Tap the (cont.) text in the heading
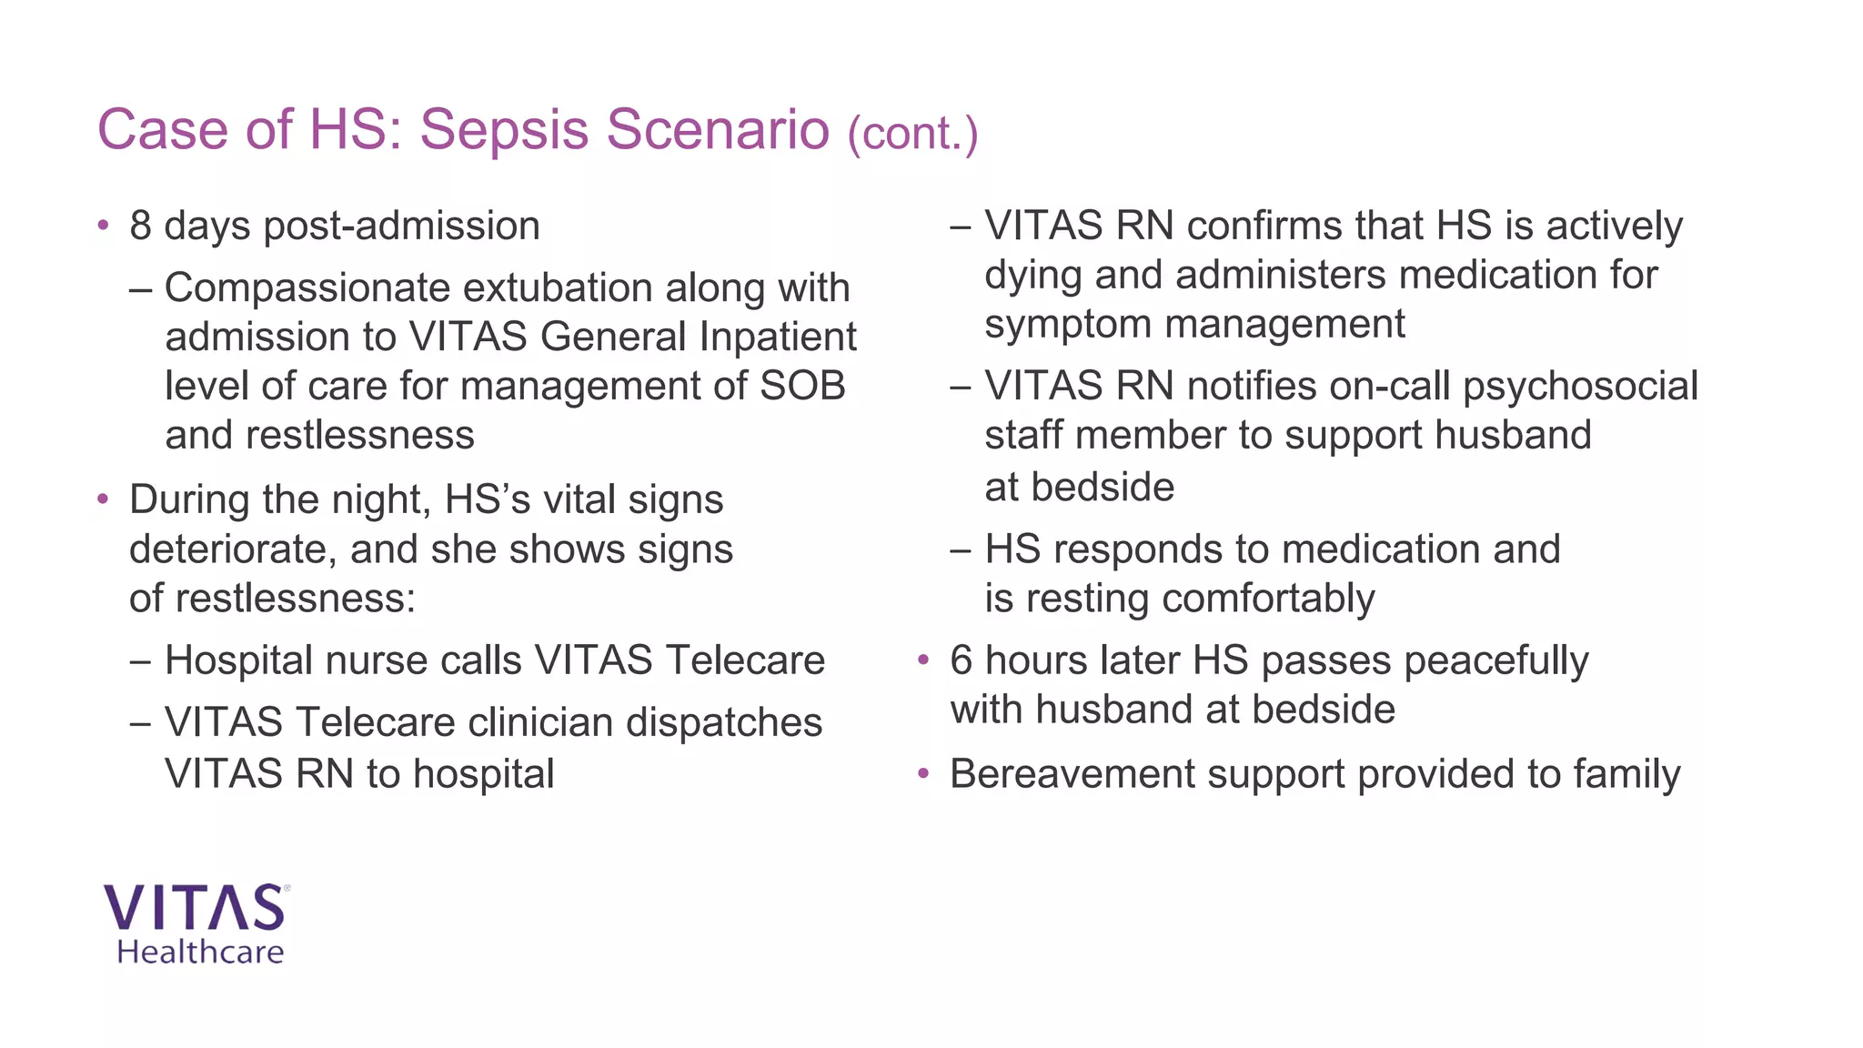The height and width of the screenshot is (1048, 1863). tap(912, 134)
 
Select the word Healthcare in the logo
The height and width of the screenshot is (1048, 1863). tap(200, 952)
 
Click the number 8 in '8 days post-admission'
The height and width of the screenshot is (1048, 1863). tap(140, 226)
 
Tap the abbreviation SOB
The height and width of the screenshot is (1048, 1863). tap(802, 386)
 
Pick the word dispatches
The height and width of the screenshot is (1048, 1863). tap(723, 722)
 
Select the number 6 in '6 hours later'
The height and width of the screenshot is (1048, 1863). tap(961, 660)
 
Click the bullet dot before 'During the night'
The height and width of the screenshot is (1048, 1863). tap(104, 499)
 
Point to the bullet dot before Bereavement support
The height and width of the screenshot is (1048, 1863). tap(924, 774)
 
